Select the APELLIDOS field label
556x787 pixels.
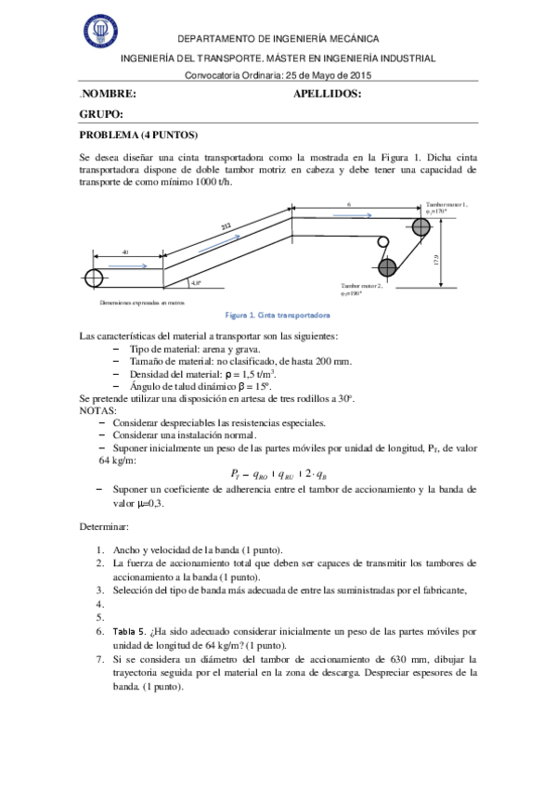pos(327,94)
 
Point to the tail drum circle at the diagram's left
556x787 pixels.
pos(94,277)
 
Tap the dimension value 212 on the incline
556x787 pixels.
pos(226,226)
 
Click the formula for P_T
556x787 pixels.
pos(278,472)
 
